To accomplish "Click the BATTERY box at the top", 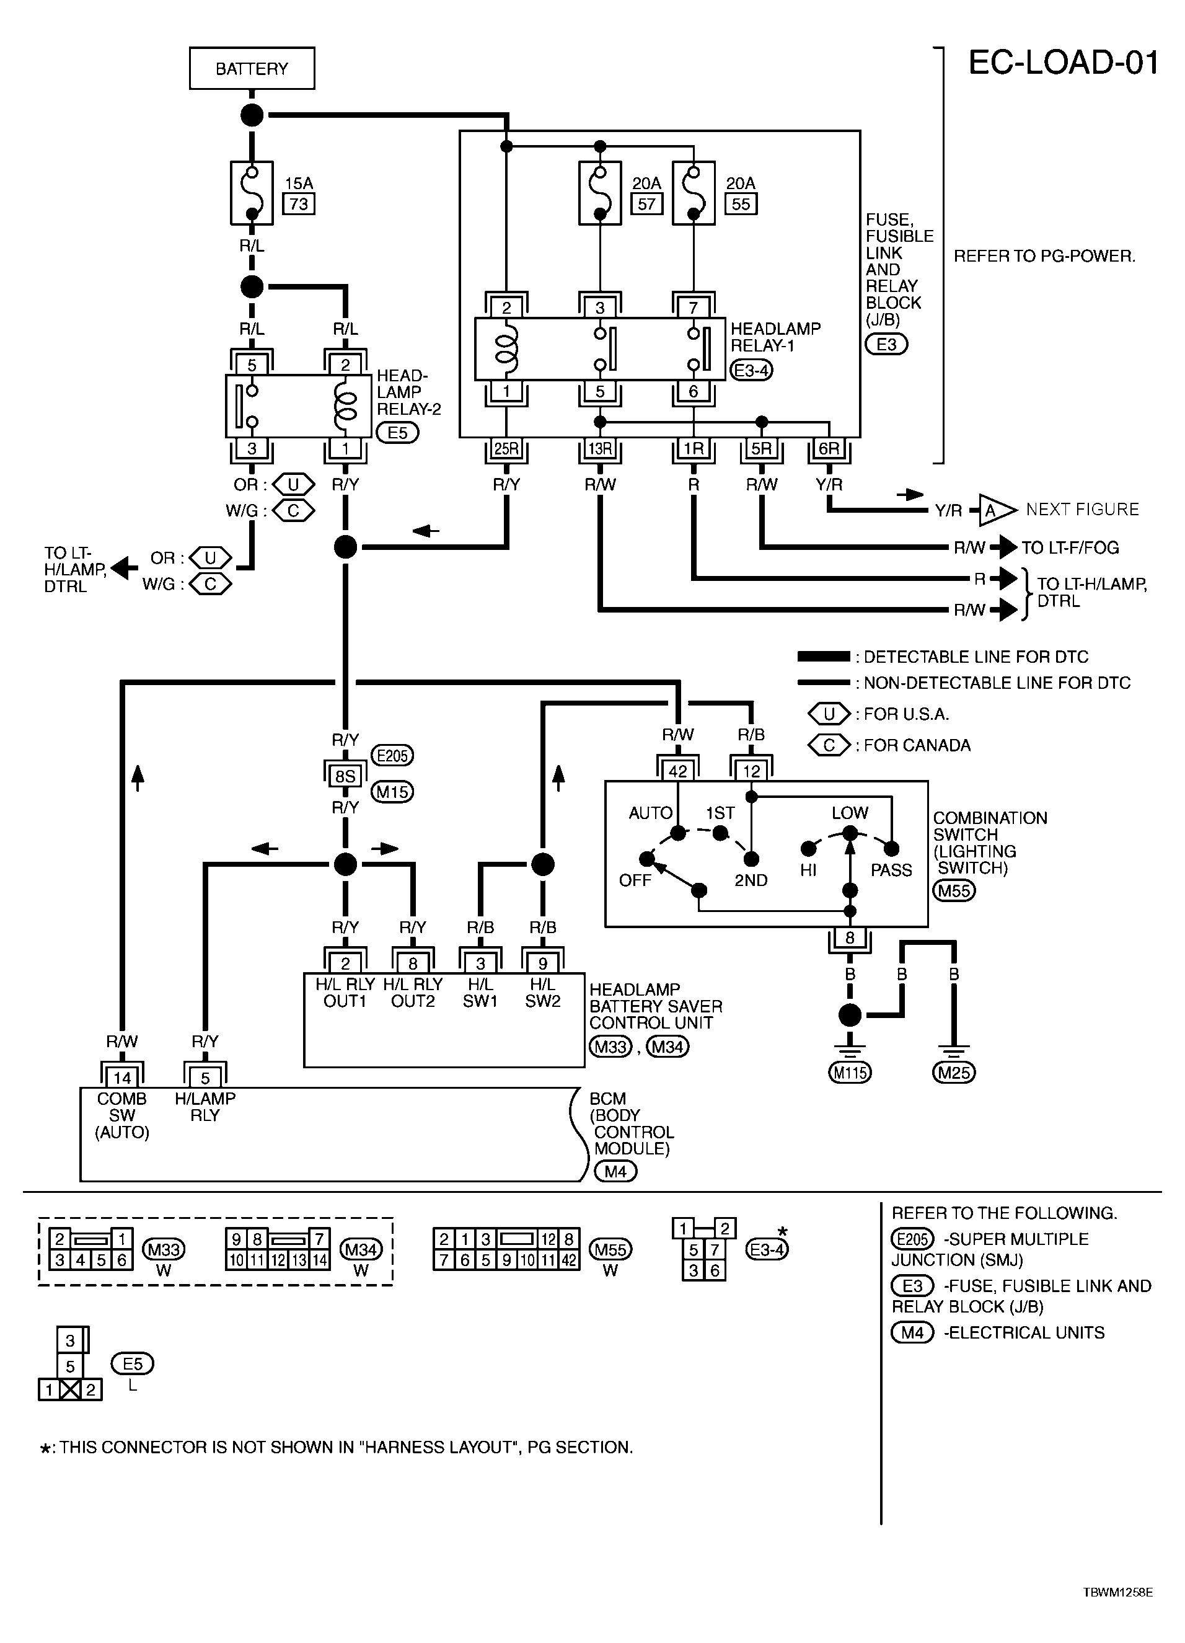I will click(252, 69).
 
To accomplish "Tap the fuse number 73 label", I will click(299, 204).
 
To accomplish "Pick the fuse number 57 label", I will click(646, 204).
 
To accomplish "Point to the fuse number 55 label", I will click(740, 204).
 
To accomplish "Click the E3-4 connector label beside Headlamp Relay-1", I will click(751, 371).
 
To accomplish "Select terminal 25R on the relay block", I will click(506, 449).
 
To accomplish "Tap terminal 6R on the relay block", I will click(829, 449).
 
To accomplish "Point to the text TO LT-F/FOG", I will click(1070, 547).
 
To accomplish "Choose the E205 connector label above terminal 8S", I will click(392, 756).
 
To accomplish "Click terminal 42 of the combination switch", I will click(677, 771).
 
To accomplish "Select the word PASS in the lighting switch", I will click(891, 870).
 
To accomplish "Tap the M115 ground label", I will click(850, 1072).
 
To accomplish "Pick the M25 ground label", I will click(954, 1072).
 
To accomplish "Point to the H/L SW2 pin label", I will click(542, 993).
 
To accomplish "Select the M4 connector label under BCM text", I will click(615, 1171).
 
